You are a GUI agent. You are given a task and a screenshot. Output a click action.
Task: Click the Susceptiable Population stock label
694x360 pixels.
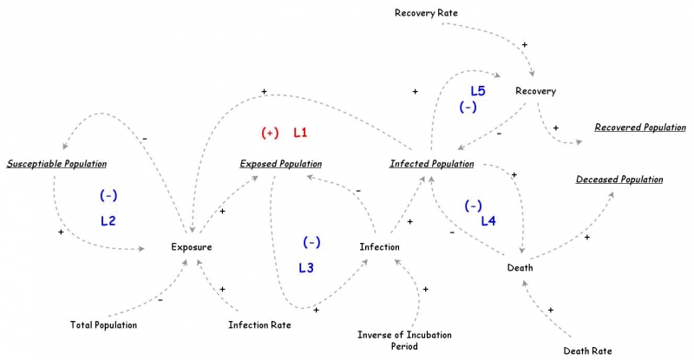pos(56,163)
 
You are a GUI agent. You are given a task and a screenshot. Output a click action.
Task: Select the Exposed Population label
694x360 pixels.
pos(280,163)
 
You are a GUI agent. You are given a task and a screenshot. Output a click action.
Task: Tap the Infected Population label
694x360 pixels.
pos(431,163)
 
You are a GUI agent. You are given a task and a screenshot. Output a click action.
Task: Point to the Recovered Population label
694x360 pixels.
pos(639,128)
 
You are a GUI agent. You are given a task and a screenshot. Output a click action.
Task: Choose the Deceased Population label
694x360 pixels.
pos(619,180)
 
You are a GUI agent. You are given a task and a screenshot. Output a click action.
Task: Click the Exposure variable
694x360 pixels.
pos(191,247)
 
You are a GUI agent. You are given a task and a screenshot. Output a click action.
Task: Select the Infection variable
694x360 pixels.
pos(379,247)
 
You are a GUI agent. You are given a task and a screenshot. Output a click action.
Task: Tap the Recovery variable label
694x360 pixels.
pos(535,91)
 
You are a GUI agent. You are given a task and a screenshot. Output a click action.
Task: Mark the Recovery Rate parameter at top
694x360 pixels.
pos(426,13)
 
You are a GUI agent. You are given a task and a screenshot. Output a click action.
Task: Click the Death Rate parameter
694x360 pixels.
pos(587,351)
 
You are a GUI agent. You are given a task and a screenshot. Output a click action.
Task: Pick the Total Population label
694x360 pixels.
pos(103,325)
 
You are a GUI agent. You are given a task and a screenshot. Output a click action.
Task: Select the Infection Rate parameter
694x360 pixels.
pos(259,325)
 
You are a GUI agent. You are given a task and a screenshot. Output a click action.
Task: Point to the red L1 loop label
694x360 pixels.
pos(300,133)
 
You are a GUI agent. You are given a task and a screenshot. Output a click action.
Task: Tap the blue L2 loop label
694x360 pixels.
pos(108,221)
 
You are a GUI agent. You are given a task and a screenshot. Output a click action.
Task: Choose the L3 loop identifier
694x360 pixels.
pos(306,268)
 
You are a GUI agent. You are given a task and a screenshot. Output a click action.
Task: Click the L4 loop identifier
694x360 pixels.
pos(488,221)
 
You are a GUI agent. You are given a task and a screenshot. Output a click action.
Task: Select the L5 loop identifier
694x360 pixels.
pos(478,90)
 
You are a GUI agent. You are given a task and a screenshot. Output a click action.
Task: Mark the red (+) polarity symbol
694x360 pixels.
pos(270,133)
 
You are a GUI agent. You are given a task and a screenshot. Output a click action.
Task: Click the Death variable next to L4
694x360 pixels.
pos(520,267)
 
